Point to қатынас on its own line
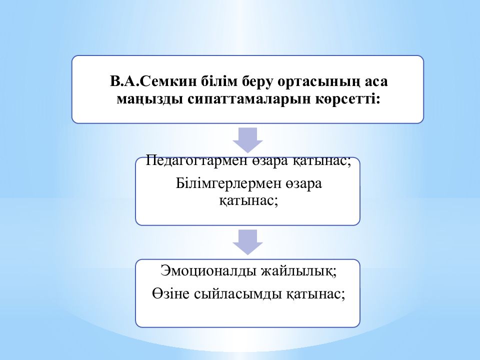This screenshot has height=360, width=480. tap(248, 201)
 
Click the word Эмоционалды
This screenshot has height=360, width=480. tap(208, 270)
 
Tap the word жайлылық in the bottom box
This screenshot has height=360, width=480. tap(299, 271)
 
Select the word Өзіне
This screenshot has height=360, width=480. tap(171, 294)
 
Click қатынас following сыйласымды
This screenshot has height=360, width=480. tap(316, 294)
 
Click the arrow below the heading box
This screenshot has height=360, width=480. tap(247, 140)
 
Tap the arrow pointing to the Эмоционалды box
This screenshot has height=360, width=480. tap(247, 242)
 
